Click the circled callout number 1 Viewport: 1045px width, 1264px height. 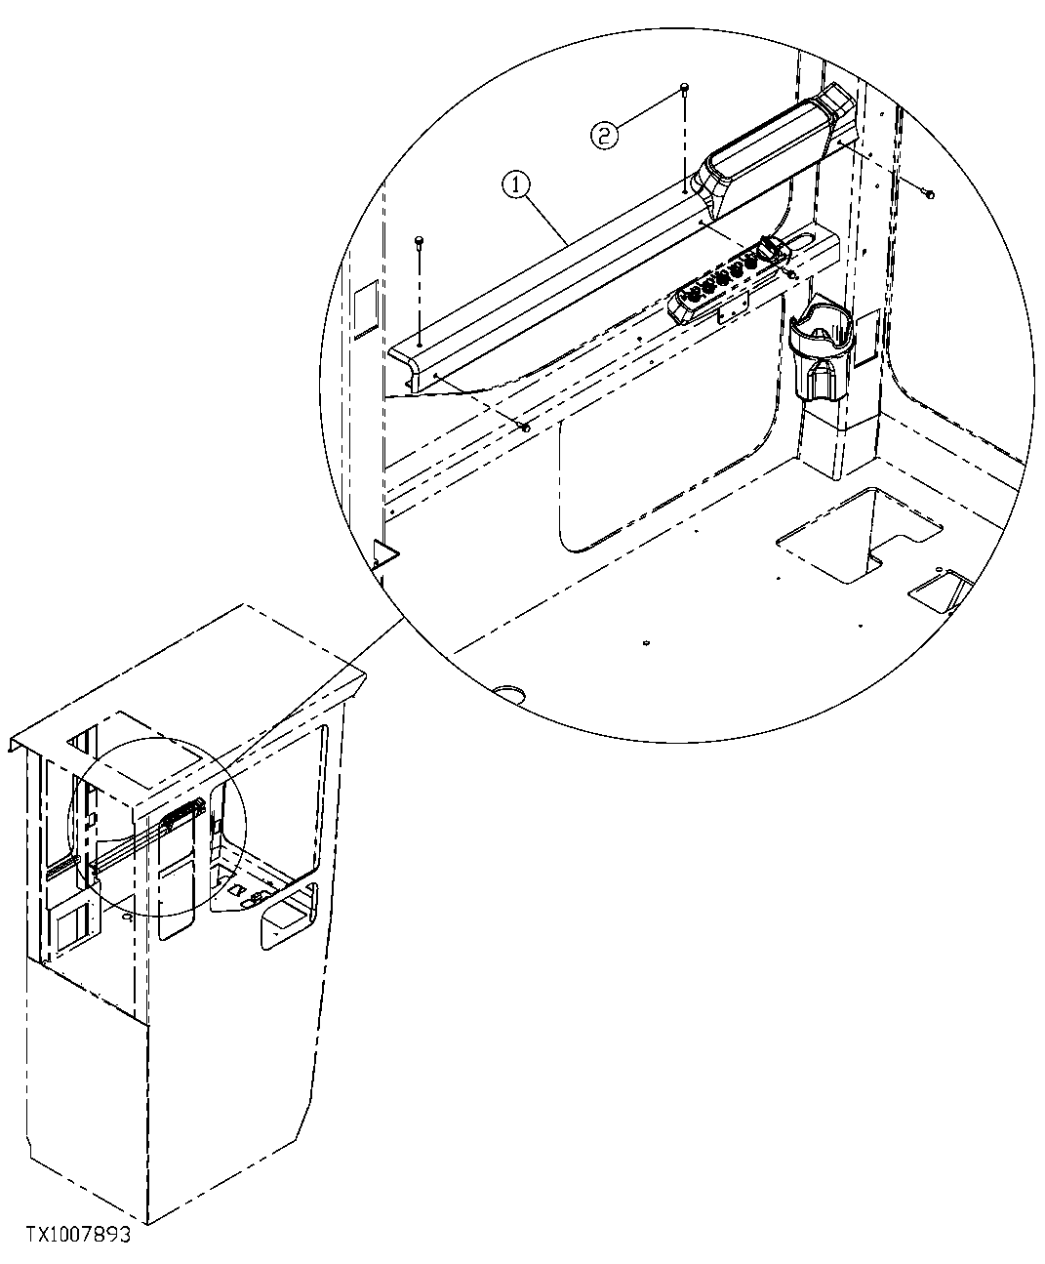[516, 183]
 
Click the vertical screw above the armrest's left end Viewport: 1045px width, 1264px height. [420, 240]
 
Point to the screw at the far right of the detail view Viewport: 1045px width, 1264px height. [928, 194]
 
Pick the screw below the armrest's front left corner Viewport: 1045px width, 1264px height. [527, 427]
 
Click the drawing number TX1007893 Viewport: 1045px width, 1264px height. [69, 1235]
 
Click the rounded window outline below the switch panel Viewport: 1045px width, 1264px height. [663, 459]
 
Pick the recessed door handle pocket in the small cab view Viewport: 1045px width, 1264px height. [287, 916]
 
